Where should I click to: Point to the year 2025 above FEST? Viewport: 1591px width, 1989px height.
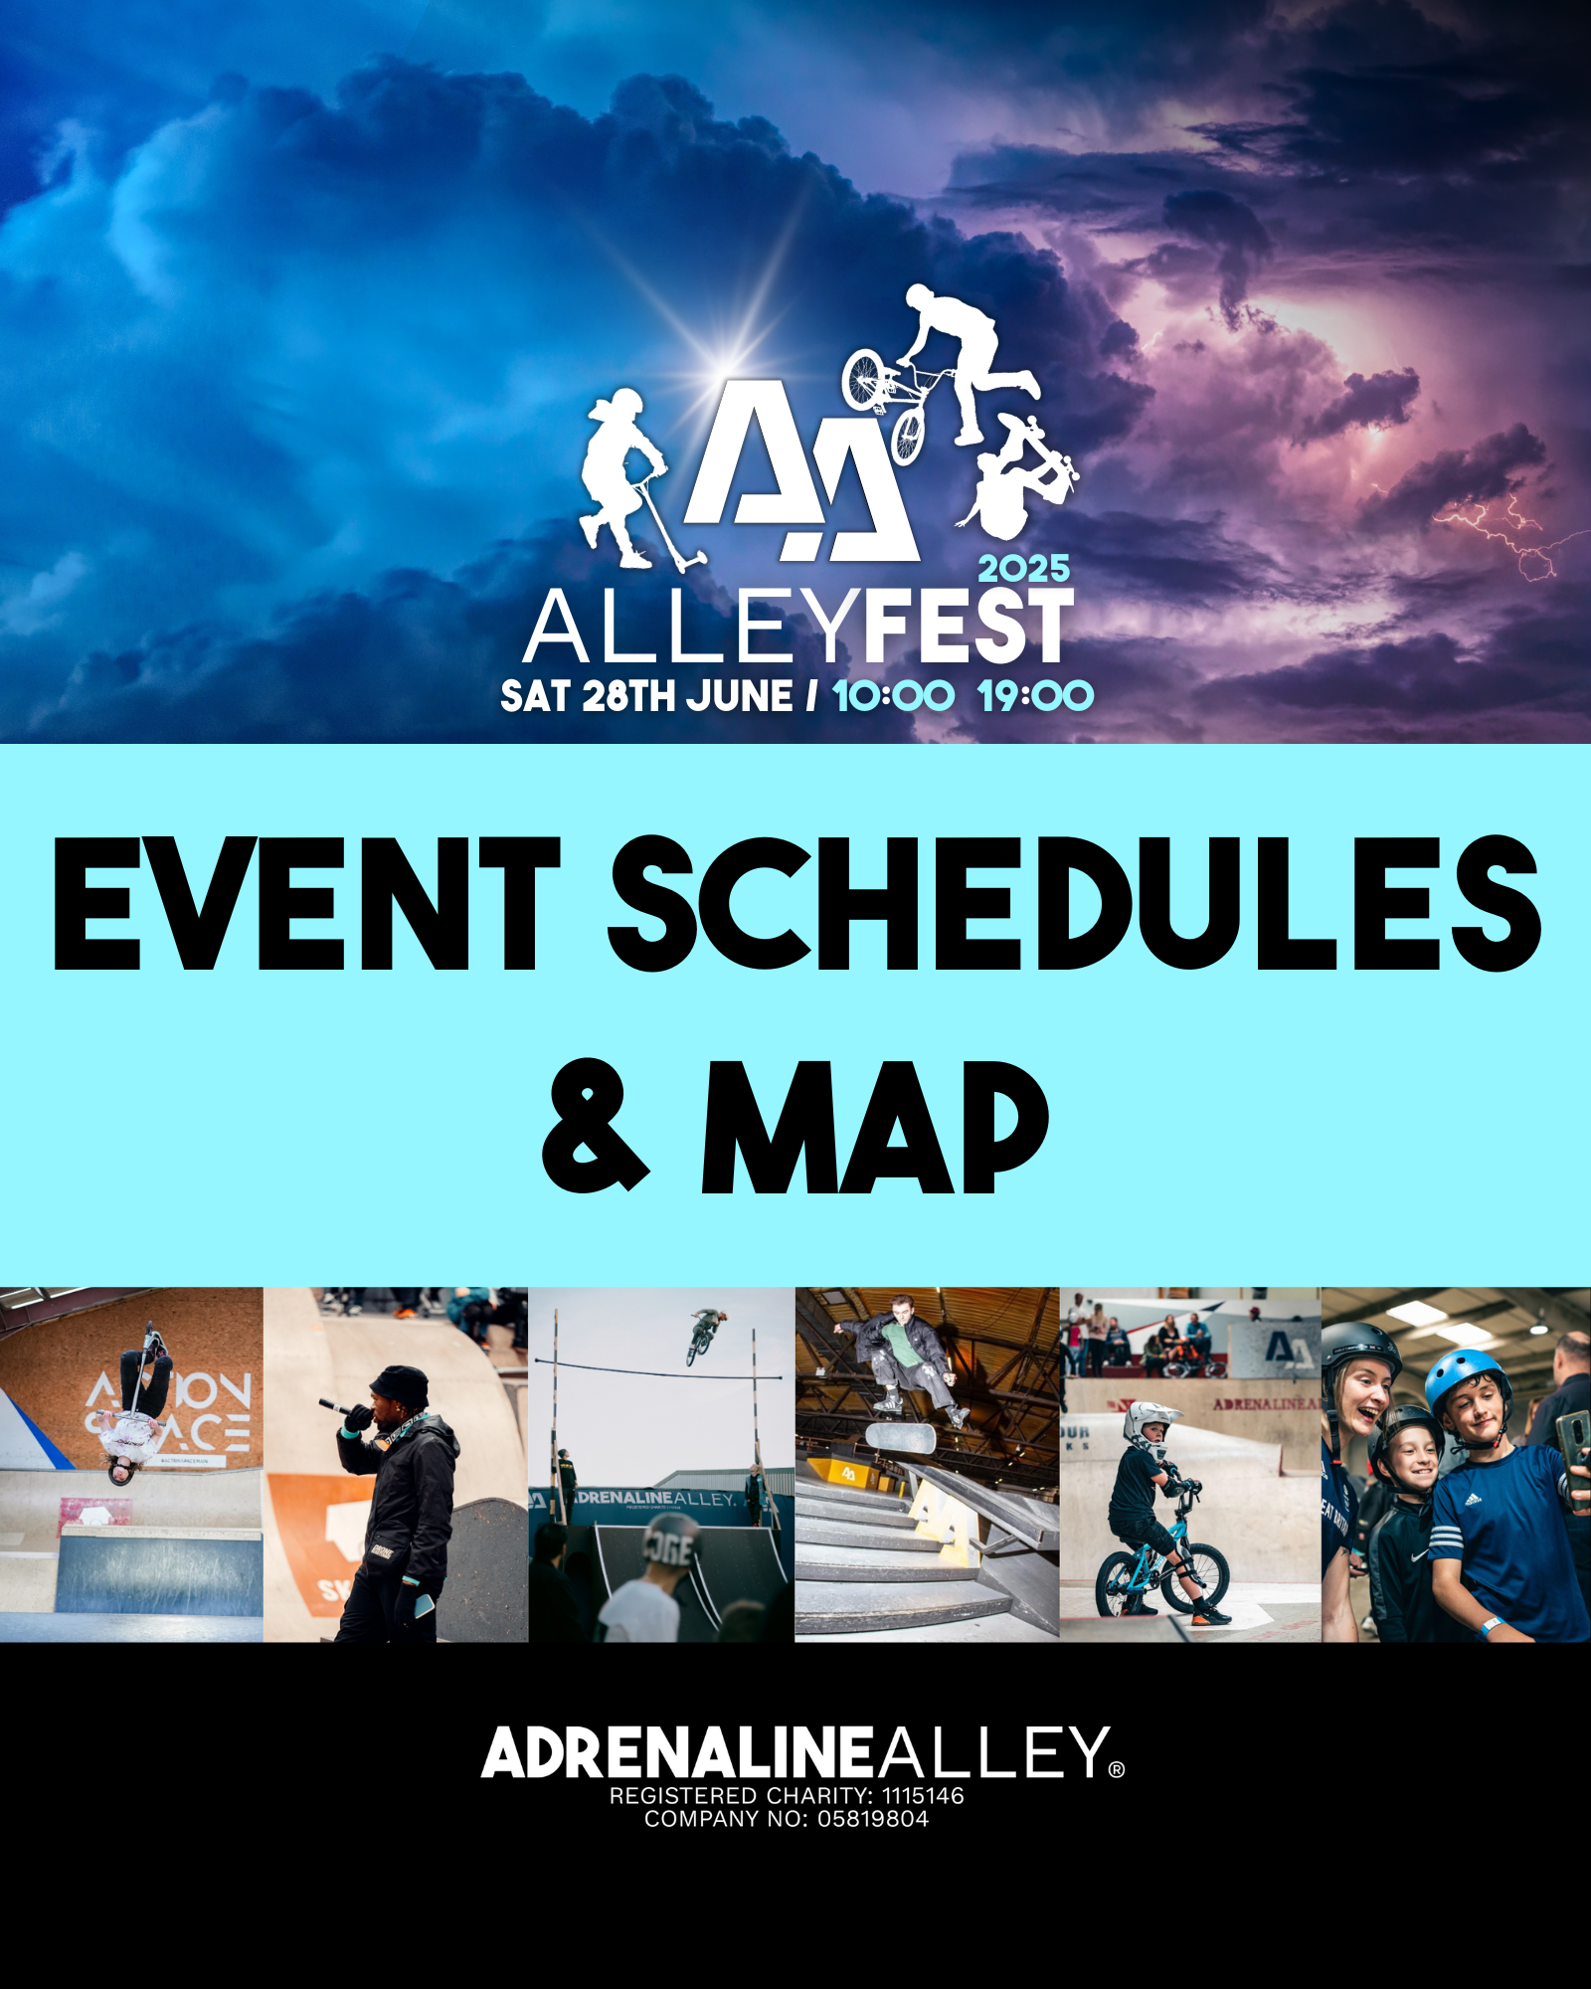click(1024, 569)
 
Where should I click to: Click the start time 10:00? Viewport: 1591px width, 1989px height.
click(893, 696)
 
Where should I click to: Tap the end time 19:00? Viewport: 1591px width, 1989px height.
click(1035, 696)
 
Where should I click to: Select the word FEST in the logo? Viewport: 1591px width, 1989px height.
click(970, 627)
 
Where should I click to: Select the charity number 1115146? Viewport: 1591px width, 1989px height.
click(923, 1796)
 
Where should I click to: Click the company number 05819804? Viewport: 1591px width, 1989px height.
click(873, 1819)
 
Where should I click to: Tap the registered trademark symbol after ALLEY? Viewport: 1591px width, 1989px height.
click(1117, 1769)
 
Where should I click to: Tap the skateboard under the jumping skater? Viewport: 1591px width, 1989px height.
click(900, 1435)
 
